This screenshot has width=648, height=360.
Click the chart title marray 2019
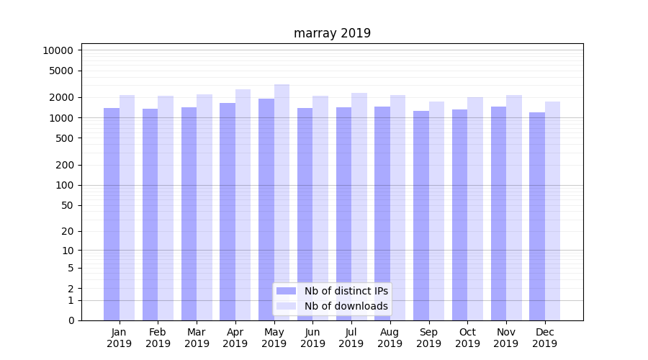(332, 33)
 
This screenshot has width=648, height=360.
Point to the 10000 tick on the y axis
(58, 50)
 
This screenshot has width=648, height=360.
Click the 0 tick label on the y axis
(71, 320)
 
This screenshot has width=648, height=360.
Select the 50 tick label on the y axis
(67, 205)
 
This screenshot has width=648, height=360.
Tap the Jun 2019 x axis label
(312, 338)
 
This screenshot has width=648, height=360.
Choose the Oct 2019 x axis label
(467, 338)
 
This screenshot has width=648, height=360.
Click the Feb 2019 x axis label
(158, 338)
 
